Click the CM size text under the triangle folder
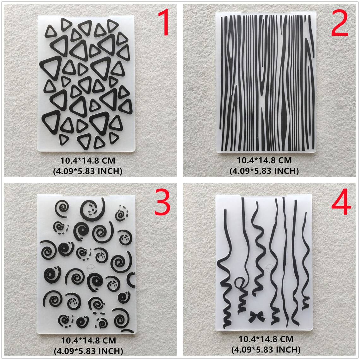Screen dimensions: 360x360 pyautogui.click(x=88, y=161)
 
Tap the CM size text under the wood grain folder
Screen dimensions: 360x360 pyautogui.click(x=264, y=160)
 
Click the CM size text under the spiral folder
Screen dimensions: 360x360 pyautogui.click(x=88, y=341)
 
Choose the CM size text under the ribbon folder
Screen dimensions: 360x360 pyautogui.click(x=266, y=339)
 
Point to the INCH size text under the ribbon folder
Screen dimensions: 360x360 pyautogui.click(x=266, y=350)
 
